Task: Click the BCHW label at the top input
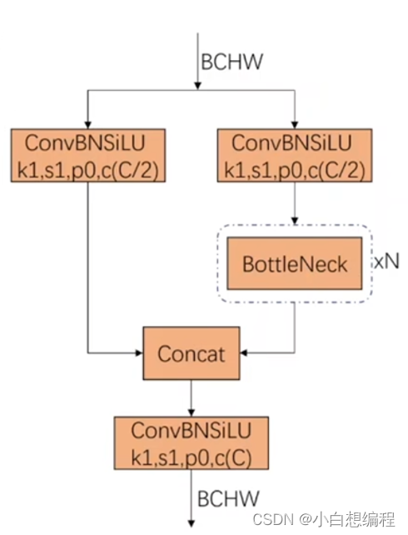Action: [232, 62]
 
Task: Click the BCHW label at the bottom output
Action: [228, 498]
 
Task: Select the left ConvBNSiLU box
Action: [88, 155]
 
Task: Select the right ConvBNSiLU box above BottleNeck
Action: [295, 155]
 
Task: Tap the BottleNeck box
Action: [295, 263]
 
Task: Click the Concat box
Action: [192, 353]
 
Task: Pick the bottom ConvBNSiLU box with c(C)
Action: [192, 442]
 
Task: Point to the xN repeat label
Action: [386, 262]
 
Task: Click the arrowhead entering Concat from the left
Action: [139, 352]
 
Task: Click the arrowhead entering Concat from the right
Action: [244, 352]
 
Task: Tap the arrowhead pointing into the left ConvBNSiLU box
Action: [88, 125]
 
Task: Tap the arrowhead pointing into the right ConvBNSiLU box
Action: [295, 125]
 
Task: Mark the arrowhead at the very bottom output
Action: [192, 523]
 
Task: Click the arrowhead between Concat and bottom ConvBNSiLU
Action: [192, 412]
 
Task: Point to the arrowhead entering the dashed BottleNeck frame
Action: [295, 221]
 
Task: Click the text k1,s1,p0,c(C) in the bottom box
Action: [192, 457]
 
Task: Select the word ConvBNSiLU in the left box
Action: [85, 142]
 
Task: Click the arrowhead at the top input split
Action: [197, 86]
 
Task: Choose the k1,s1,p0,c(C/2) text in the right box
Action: [295, 170]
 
